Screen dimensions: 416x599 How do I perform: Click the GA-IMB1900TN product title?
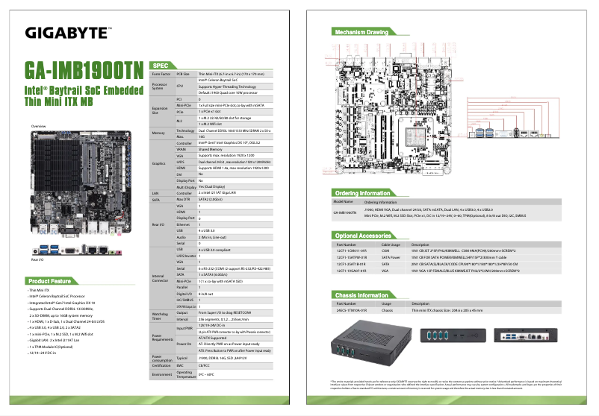(83, 70)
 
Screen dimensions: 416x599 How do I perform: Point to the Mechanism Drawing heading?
(361, 32)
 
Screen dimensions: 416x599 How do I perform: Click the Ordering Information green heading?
(364, 192)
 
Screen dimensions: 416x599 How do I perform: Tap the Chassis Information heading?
(362, 295)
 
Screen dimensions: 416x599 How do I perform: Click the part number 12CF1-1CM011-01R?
(353, 250)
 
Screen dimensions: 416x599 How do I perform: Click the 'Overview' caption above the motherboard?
(38, 127)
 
